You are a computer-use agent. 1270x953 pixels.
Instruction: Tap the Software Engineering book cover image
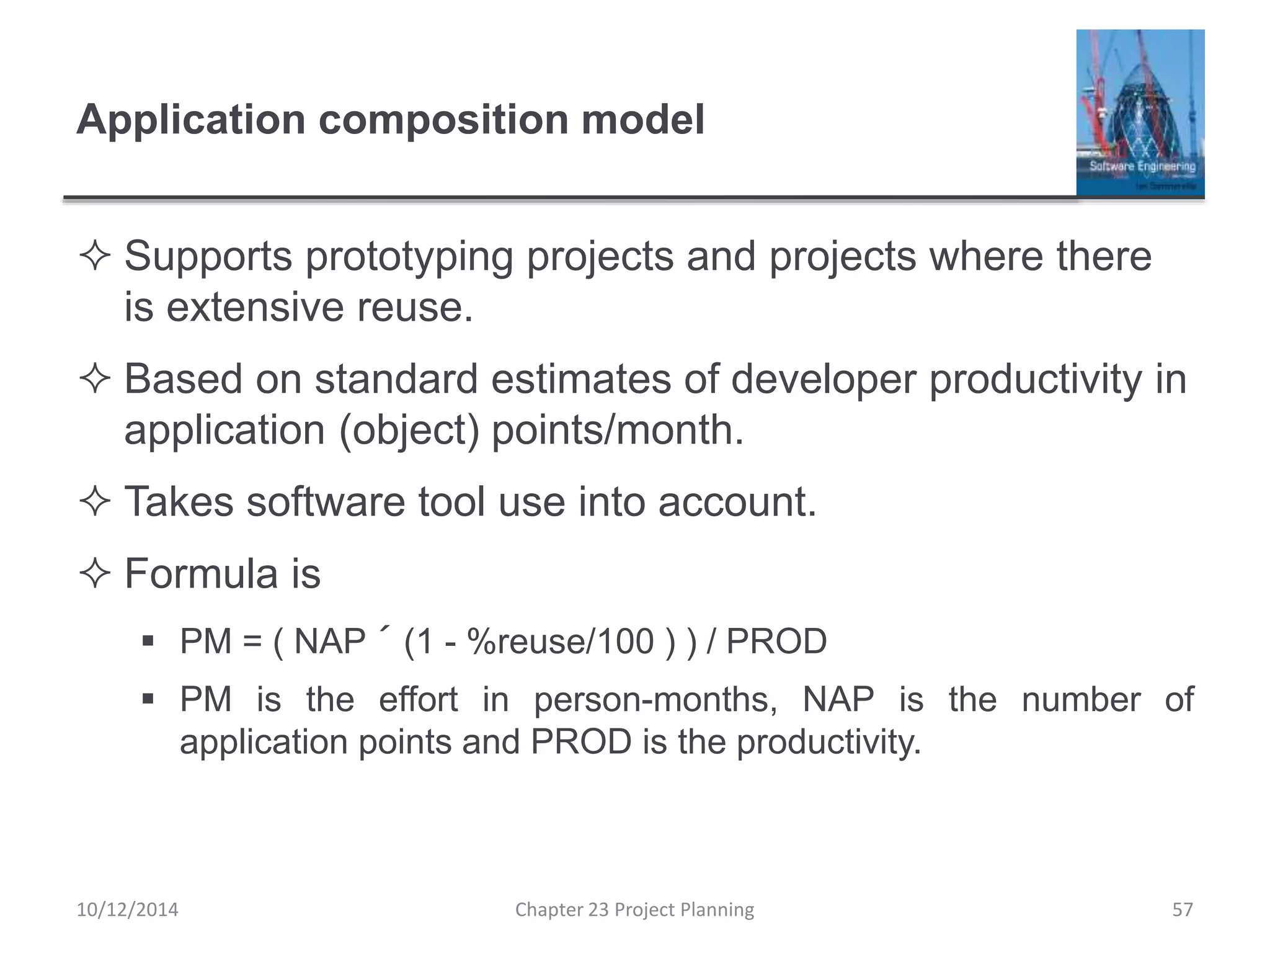1140,113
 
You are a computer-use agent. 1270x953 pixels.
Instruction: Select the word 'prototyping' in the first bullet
409,257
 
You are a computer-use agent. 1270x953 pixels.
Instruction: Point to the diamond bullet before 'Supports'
95,257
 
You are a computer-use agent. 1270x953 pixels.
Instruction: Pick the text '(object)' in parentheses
410,430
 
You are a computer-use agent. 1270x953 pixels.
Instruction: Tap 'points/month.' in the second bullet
617,430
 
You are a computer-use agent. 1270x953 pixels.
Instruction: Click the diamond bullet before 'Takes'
95,502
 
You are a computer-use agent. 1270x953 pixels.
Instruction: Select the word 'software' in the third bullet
326,502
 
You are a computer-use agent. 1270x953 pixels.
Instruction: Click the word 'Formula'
201,573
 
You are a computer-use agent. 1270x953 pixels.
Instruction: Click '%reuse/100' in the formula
561,641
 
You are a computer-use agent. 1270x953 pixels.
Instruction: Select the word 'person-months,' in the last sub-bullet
655,700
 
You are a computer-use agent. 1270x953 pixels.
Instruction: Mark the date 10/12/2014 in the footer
127,910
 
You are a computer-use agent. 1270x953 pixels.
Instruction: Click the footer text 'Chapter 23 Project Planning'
634,910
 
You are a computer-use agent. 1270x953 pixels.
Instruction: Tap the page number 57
1182,910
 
